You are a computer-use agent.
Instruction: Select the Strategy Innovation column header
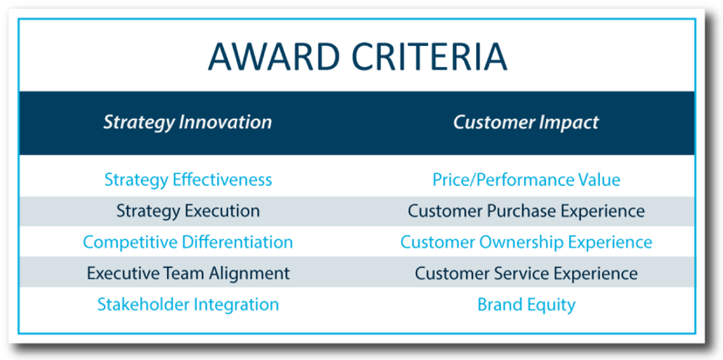point(187,123)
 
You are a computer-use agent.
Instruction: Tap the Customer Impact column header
point(526,122)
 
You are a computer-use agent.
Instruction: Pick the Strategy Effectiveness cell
point(188,179)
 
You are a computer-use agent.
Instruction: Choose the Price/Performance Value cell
point(526,179)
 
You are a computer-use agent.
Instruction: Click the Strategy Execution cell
point(188,211)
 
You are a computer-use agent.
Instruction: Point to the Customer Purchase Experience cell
point(526,211)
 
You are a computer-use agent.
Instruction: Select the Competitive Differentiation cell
point(188,242)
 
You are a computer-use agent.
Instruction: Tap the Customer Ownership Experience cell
point(526,242)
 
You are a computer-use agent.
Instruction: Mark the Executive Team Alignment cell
point(188,273)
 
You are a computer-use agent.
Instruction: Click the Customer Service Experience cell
point(526,273)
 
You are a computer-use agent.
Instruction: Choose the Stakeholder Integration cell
point(188,305)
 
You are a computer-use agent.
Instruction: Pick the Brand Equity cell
point(526,305)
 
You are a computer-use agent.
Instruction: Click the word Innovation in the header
point(225,122)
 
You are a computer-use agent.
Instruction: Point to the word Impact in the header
point(571,123)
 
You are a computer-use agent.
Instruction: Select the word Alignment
point(250,273)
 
